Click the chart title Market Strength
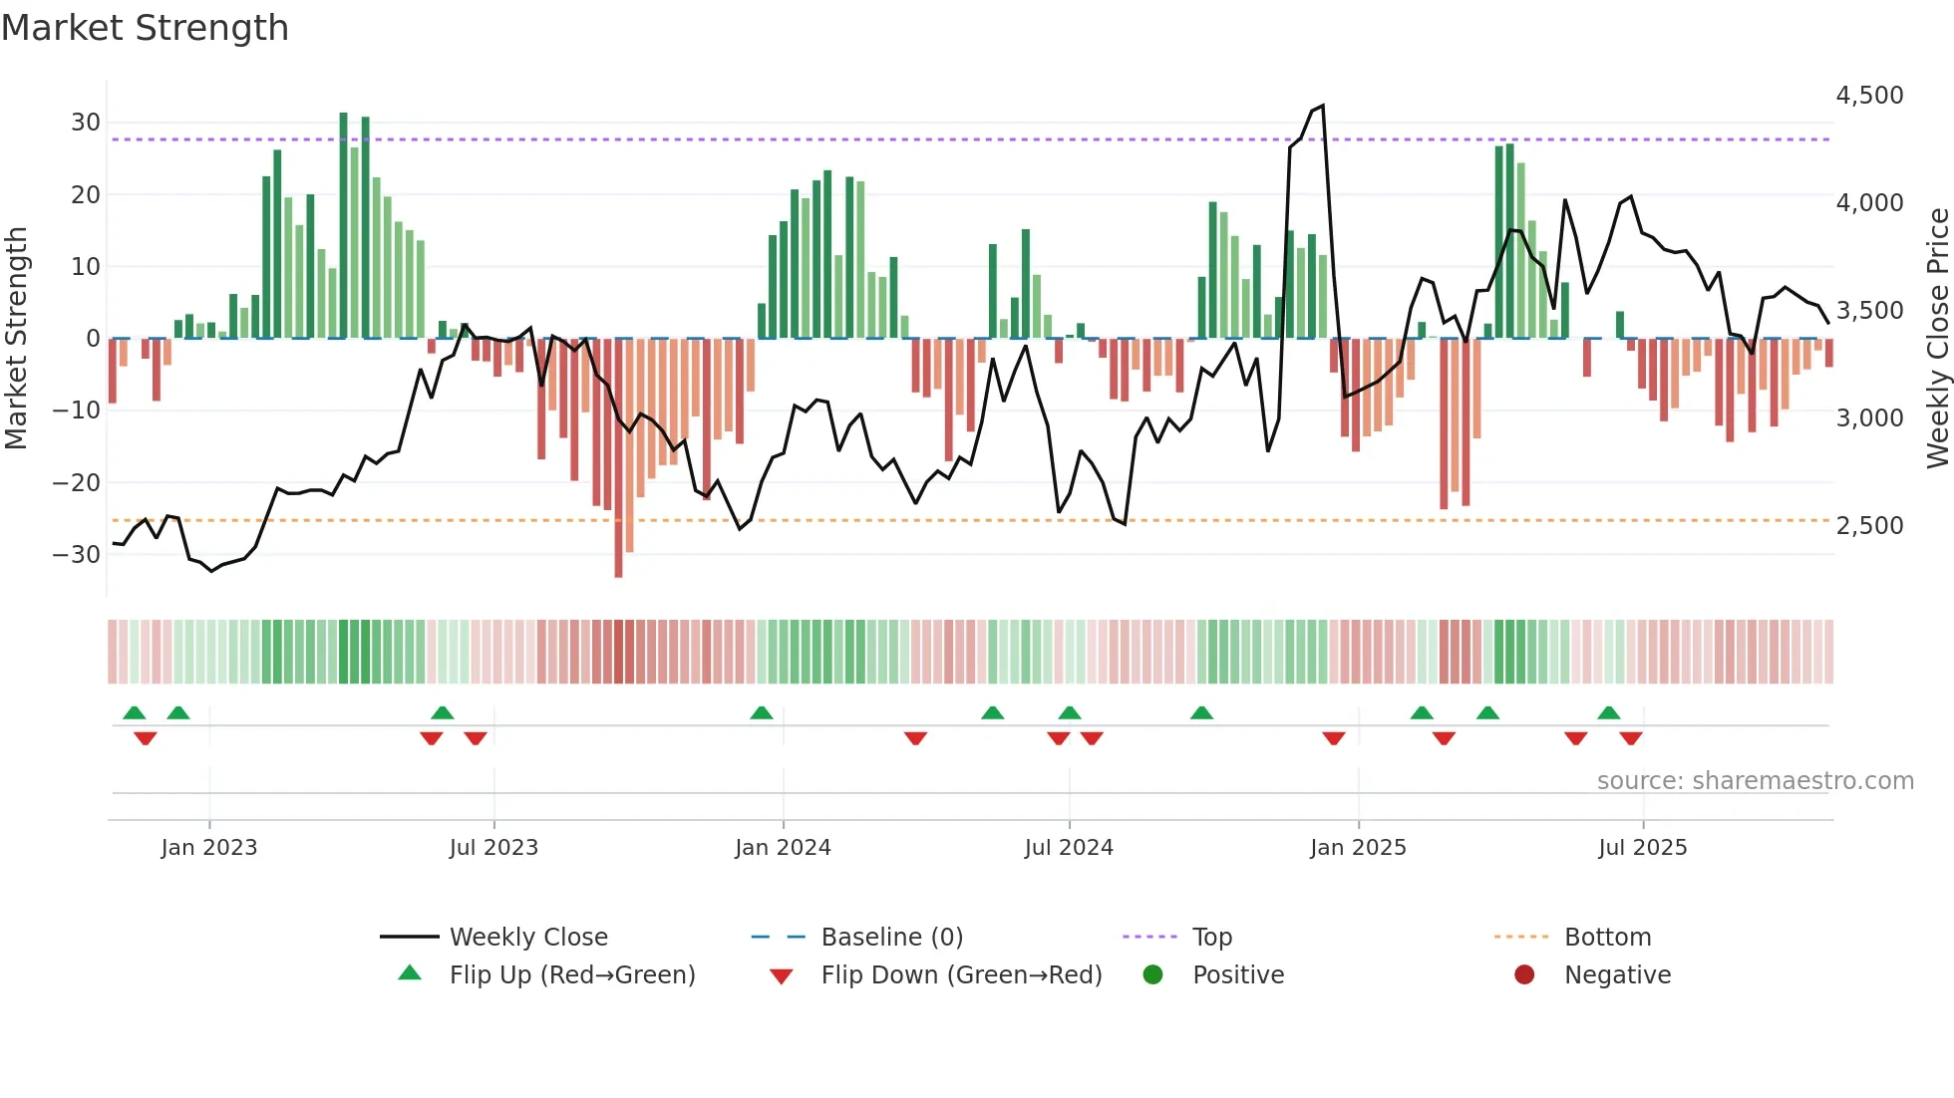click(x=145, y=28)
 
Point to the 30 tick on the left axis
click(x=86, y=123)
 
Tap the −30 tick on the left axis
click(x=77, y=555)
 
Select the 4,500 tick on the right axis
click(x=1869, y=96)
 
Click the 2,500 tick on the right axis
click(x=1869, y=526)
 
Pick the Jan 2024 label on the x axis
click(x=783, y=848)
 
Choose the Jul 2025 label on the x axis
click(x=1642, y=848)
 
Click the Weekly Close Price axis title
click(x=1937, y=339)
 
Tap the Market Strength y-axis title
click(x=17, y=339)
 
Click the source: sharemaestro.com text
click(x=1755, y=781)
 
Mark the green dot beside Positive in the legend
click(x=1153, y=975)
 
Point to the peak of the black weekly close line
click(x=1322, y=106)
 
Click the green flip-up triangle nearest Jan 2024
click(x=762, y=713)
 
